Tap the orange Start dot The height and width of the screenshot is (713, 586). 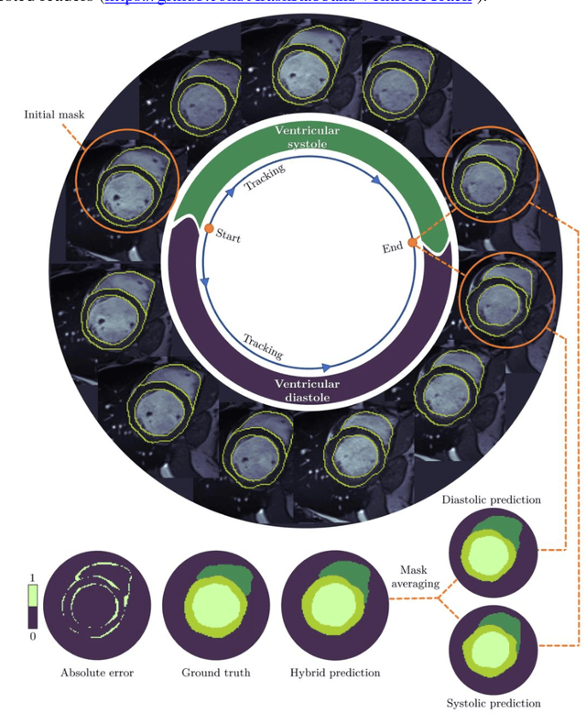coord(209,228)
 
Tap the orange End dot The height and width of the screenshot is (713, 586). coord(412,243)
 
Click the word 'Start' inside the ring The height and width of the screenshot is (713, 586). coord(228,236)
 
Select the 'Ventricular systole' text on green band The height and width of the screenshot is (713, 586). coord(308,137)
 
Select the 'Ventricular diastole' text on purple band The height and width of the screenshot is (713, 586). coord(308,390)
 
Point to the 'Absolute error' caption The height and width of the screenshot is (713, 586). coord(97,673)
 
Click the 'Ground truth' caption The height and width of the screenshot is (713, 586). coord(207,673)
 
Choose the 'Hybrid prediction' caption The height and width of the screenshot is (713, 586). coord(331,673)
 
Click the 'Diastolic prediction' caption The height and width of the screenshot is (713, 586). coord(491,500)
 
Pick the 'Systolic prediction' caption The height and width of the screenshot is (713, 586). coord(494,703)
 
